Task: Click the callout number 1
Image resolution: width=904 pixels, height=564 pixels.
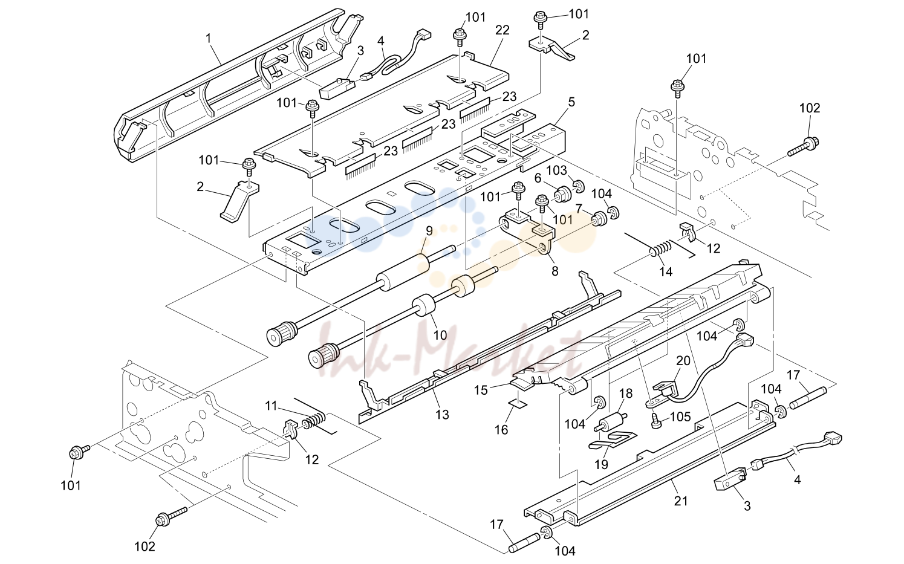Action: coord(208,39)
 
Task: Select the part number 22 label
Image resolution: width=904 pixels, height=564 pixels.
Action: coord(502,30)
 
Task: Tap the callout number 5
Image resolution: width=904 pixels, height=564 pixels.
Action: coord(571,103)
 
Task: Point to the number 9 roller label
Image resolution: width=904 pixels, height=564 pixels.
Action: coord(429,231)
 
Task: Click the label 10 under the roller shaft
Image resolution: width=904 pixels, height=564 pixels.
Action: coord(440,335)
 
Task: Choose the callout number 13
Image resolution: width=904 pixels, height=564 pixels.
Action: coord(442,414)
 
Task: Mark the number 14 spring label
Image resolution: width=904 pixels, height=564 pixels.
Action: coord(666,272)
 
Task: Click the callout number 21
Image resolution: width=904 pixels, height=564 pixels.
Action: coord(681,501)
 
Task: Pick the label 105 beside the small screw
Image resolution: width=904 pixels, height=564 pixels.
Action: coord(680,417)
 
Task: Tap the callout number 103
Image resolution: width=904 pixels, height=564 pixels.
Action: coord(556,170)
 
